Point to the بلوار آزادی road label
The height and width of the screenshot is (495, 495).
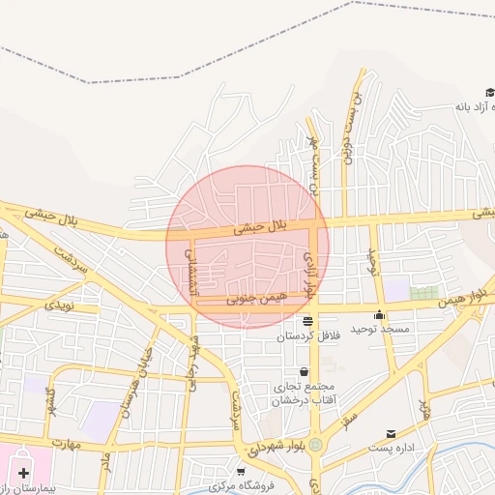310,273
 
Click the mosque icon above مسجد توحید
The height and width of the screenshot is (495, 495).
380,315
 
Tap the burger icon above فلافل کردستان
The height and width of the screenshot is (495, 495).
307,321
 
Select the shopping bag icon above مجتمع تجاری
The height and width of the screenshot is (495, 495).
304,371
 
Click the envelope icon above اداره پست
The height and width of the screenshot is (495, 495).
391,434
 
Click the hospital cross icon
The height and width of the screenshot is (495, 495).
23,473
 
